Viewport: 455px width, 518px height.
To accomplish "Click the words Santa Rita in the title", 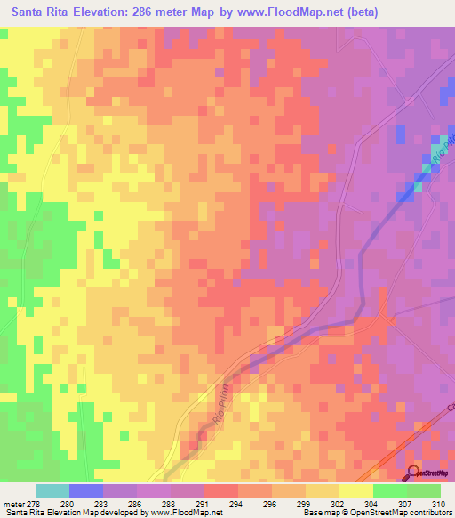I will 39,13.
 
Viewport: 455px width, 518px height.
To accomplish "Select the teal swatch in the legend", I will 52,490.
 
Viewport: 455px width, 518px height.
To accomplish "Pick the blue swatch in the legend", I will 85,490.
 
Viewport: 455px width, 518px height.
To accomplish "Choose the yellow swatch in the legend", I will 355,490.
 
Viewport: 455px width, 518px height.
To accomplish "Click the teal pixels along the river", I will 418,186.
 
